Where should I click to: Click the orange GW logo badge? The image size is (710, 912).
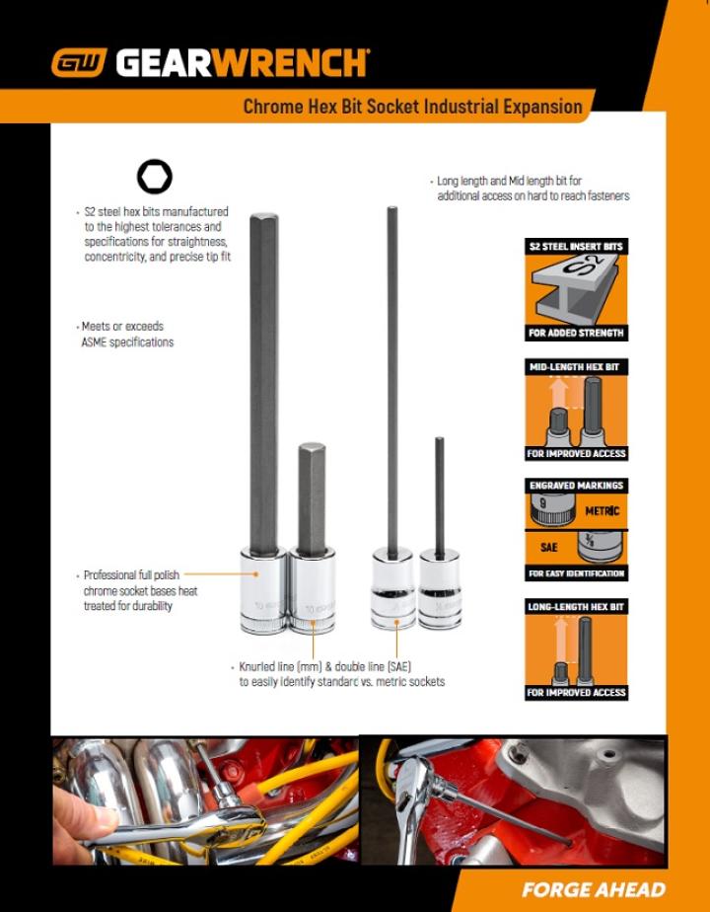click(x=80, y=64)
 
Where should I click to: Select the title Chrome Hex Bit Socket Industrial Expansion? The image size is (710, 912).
click(x=412, y=107)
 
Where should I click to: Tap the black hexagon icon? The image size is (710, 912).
click(x=154, y=178)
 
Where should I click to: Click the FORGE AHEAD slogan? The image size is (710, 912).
click(x=593, y=889)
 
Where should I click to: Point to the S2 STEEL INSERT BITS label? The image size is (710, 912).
click(x=576, y=246)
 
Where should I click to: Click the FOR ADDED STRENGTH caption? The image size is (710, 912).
click(x=576, y=334)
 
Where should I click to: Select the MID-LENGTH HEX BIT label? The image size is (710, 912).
click(x=576, y=366)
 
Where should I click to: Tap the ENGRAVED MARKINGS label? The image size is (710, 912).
click(x=576, y=486)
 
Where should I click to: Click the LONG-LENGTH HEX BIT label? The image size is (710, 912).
click(x=576, y=606)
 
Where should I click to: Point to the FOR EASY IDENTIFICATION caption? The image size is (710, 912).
click(x=576, y=573)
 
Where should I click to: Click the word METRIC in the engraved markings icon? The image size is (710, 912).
click(x=602, y=511)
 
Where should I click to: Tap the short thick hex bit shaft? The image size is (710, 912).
click(x=312, y=494)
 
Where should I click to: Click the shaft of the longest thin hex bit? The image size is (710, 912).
click(x=391, y=375)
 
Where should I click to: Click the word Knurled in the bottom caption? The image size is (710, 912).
click(x=259, y=666)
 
